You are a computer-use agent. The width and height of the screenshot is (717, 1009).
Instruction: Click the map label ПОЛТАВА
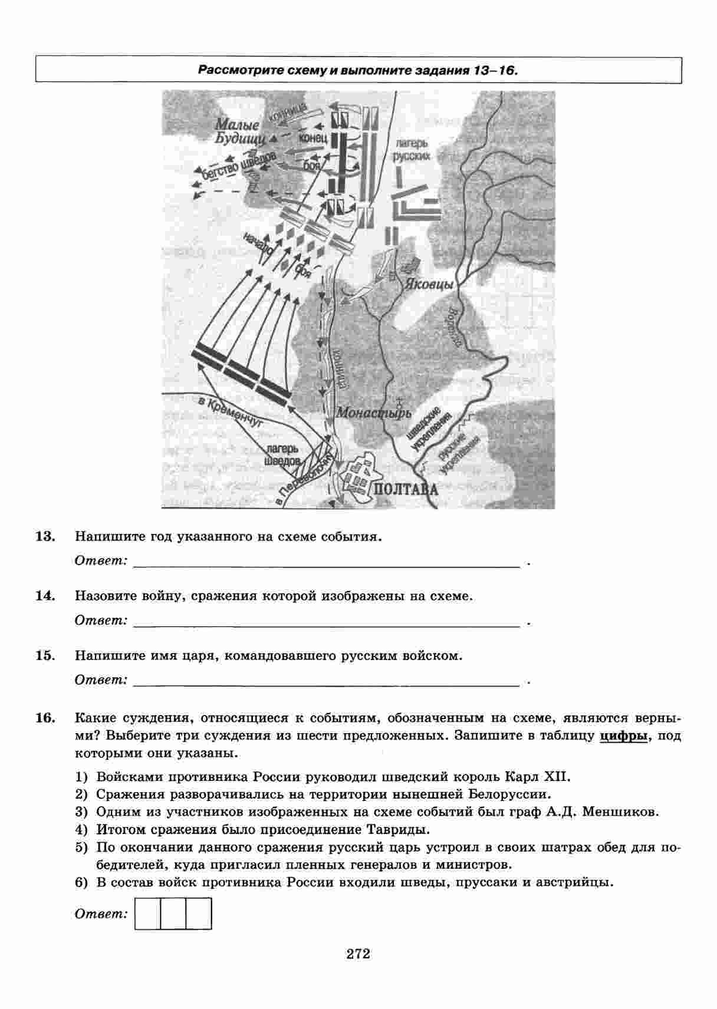406,490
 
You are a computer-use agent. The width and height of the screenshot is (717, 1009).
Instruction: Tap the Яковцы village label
429,284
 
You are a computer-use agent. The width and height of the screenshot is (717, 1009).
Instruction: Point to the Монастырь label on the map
373,413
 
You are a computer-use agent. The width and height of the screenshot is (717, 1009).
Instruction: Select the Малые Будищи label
236,133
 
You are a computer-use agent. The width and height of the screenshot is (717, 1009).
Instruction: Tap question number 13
45,536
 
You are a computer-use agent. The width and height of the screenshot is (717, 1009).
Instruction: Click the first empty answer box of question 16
147,913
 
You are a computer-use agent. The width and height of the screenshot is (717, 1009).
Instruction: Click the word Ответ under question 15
101,680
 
